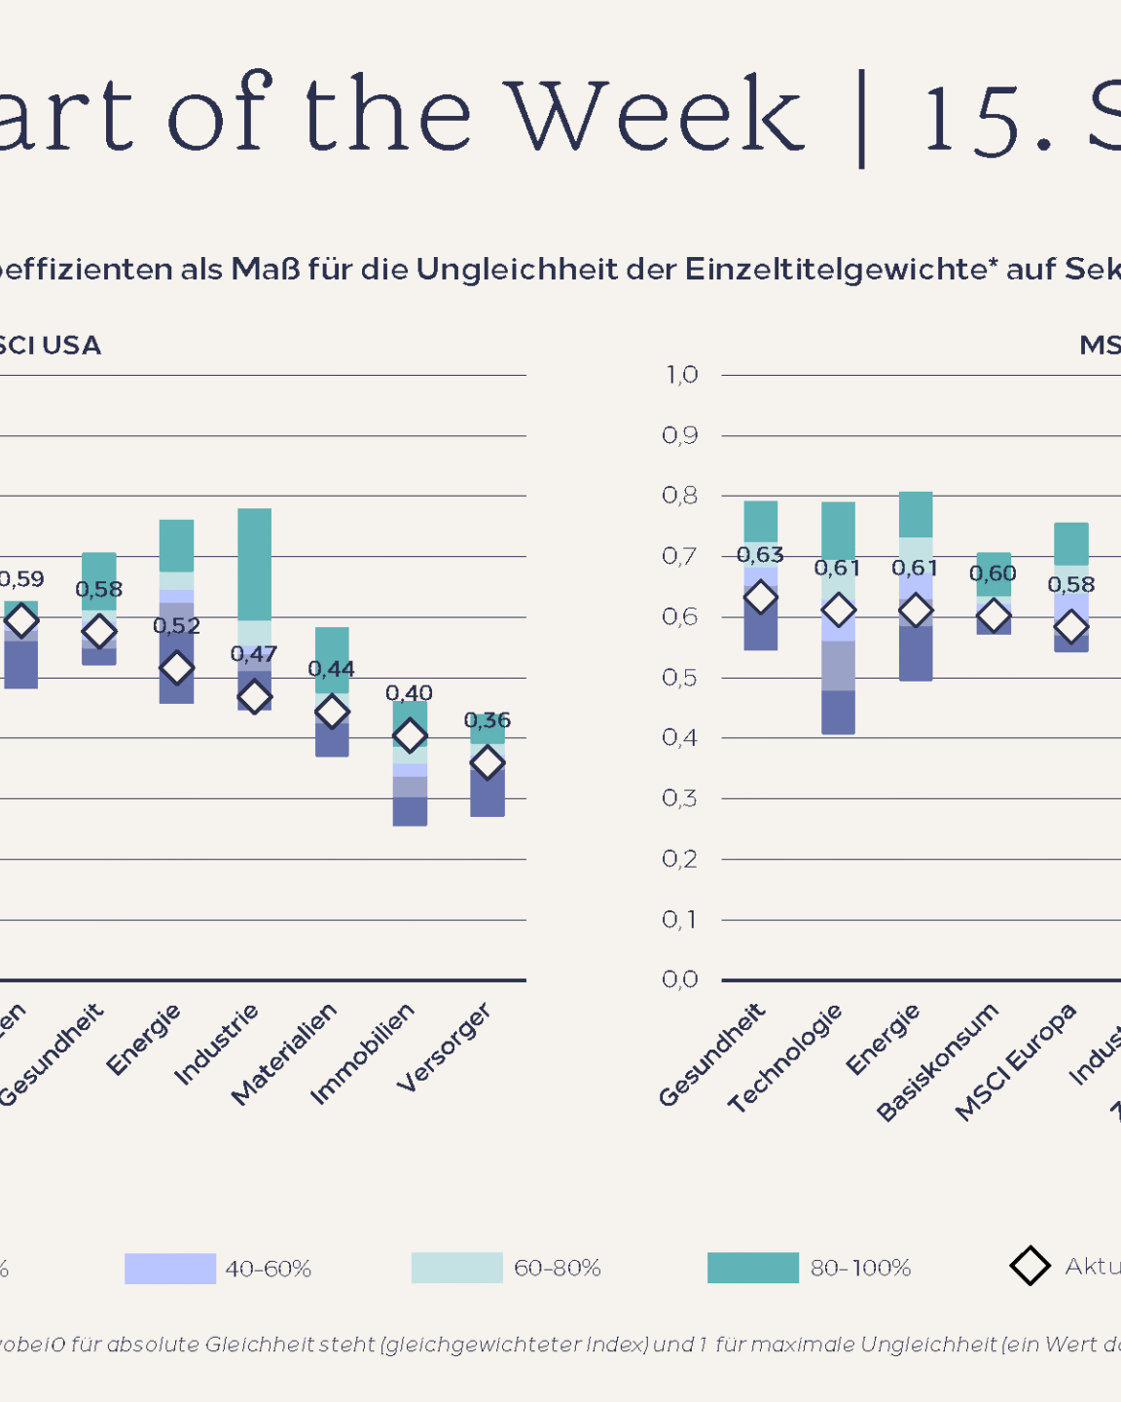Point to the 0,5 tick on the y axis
[x=680, y=678]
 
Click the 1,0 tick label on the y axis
[x=681, y=375]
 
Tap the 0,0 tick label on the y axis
[x=680, y=979]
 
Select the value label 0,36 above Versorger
[x=488, y=720]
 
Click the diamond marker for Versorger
[x=488, y=762]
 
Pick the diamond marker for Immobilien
[x=410, y=735]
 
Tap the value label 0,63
[x=760, y=555]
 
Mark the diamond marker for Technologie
[x=838, y=610]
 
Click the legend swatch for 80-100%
[x=752, y=1268]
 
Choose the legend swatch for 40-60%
[x=169, y=1269]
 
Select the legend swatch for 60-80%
[x=456, y=1268]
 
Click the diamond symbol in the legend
[x=1030, y=1266]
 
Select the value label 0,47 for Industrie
[x=254, y=654]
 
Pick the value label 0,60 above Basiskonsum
[x=993, y=573]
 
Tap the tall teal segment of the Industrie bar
[x=254, y=564]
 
